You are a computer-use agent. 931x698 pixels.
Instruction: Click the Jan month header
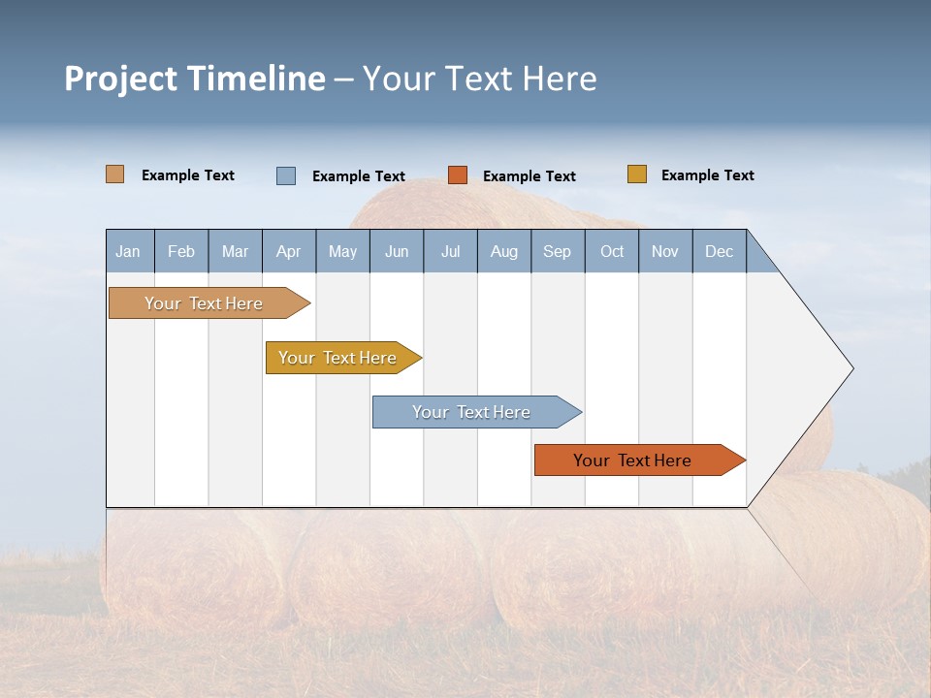coord(129,251)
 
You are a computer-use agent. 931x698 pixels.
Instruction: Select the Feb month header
coord(181,251)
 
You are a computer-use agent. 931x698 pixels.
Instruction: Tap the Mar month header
coord(235,251)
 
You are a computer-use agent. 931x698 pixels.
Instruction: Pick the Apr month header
coord(289,251)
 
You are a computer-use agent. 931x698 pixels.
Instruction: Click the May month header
coord(342,251)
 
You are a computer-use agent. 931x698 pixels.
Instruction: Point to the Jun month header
coord(397,251)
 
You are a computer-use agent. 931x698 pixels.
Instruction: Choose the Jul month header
coord(450,251)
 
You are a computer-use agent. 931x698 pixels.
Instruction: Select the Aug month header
coord(504,251)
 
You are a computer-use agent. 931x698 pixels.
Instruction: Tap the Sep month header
coord(558,251)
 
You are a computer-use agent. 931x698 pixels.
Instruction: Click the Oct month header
coord(612,251)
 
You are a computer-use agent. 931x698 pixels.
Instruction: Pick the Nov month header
coord(665,251)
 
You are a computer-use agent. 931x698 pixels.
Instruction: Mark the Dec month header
coord(720,251)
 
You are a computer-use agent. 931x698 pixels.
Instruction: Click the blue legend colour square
coord(286,175)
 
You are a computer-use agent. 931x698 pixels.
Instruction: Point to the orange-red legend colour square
coord(458,175)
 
